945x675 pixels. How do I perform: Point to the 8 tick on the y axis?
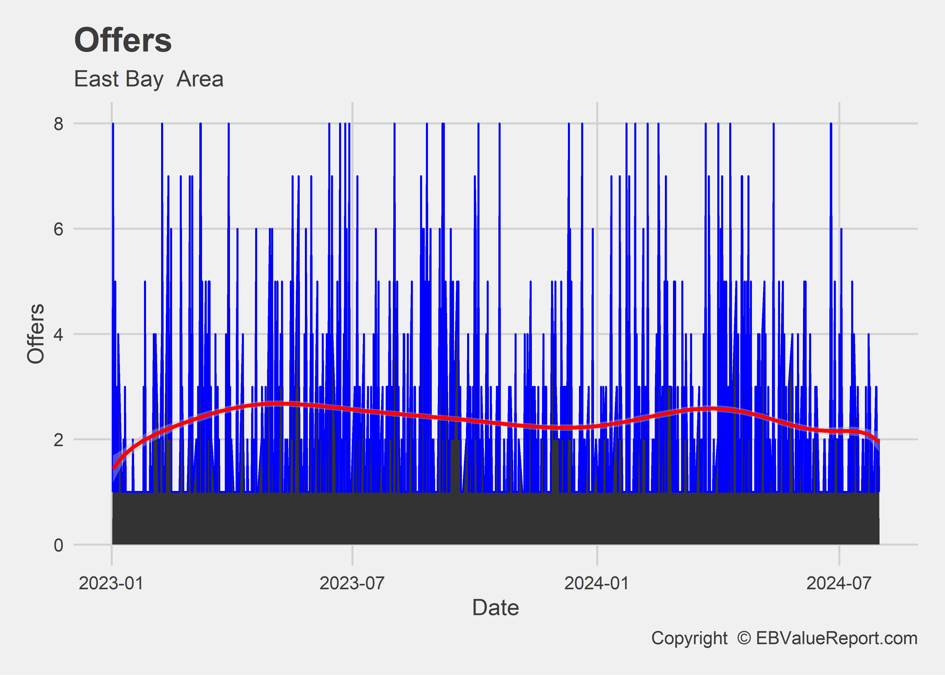click(58, 124)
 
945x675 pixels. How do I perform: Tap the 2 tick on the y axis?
click(58, 439)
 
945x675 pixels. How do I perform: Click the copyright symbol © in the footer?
click(744, 638)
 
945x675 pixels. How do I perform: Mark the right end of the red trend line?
click(878, 441)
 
